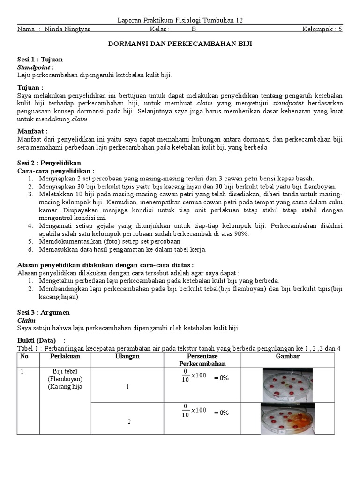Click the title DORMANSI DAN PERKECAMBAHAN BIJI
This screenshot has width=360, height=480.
pyautogui.click(x=180, y=43)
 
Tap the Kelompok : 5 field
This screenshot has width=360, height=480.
pyautogui.click(x=322, y=29)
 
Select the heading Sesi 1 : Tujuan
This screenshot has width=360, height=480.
pyautogui.click(x=40, y=60)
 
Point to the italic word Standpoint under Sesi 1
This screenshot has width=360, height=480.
pyautogui.click(x=35, y=67)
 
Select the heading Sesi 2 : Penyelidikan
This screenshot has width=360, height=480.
pyautogui.click(x=50, y=163)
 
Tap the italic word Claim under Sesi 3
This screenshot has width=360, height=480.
pyautogui.click(x=26, y=320)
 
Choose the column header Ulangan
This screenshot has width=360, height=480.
pyautogui.click(x=127, y=357)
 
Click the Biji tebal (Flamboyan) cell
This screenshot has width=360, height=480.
pyautogui.click(x=67, y=375)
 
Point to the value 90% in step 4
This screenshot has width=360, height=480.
pyautogui.click(x=241, y=234)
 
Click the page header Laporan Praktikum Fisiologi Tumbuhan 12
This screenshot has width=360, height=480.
pyautogui.click(x=180, y=20)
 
